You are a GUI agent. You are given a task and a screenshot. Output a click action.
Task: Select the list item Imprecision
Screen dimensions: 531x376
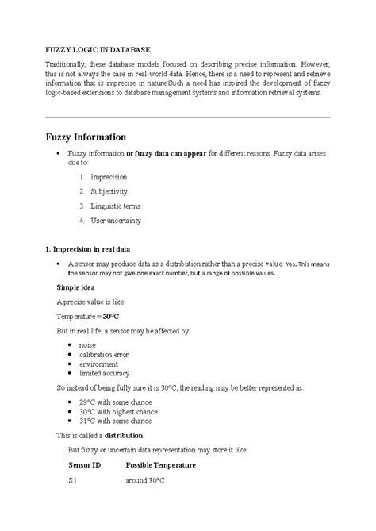[x=109, y=177]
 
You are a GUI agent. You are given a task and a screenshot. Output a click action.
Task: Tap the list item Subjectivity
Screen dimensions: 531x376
[x=109, y=191]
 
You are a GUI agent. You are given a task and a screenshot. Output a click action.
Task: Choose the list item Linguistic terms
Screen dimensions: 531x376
[x=116, y=206]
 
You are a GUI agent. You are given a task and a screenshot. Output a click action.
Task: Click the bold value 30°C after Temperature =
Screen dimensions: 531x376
[x=111, y=315]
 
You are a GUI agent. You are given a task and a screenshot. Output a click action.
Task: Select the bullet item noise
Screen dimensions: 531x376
[x=89, y=344]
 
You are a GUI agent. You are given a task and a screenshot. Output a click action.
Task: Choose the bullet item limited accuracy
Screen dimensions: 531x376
[x=105, y=373]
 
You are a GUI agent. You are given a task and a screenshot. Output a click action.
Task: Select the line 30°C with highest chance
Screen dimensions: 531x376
[x=121, y=412]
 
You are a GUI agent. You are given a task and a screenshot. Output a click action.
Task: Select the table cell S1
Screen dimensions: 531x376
[x=73, y=481]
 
